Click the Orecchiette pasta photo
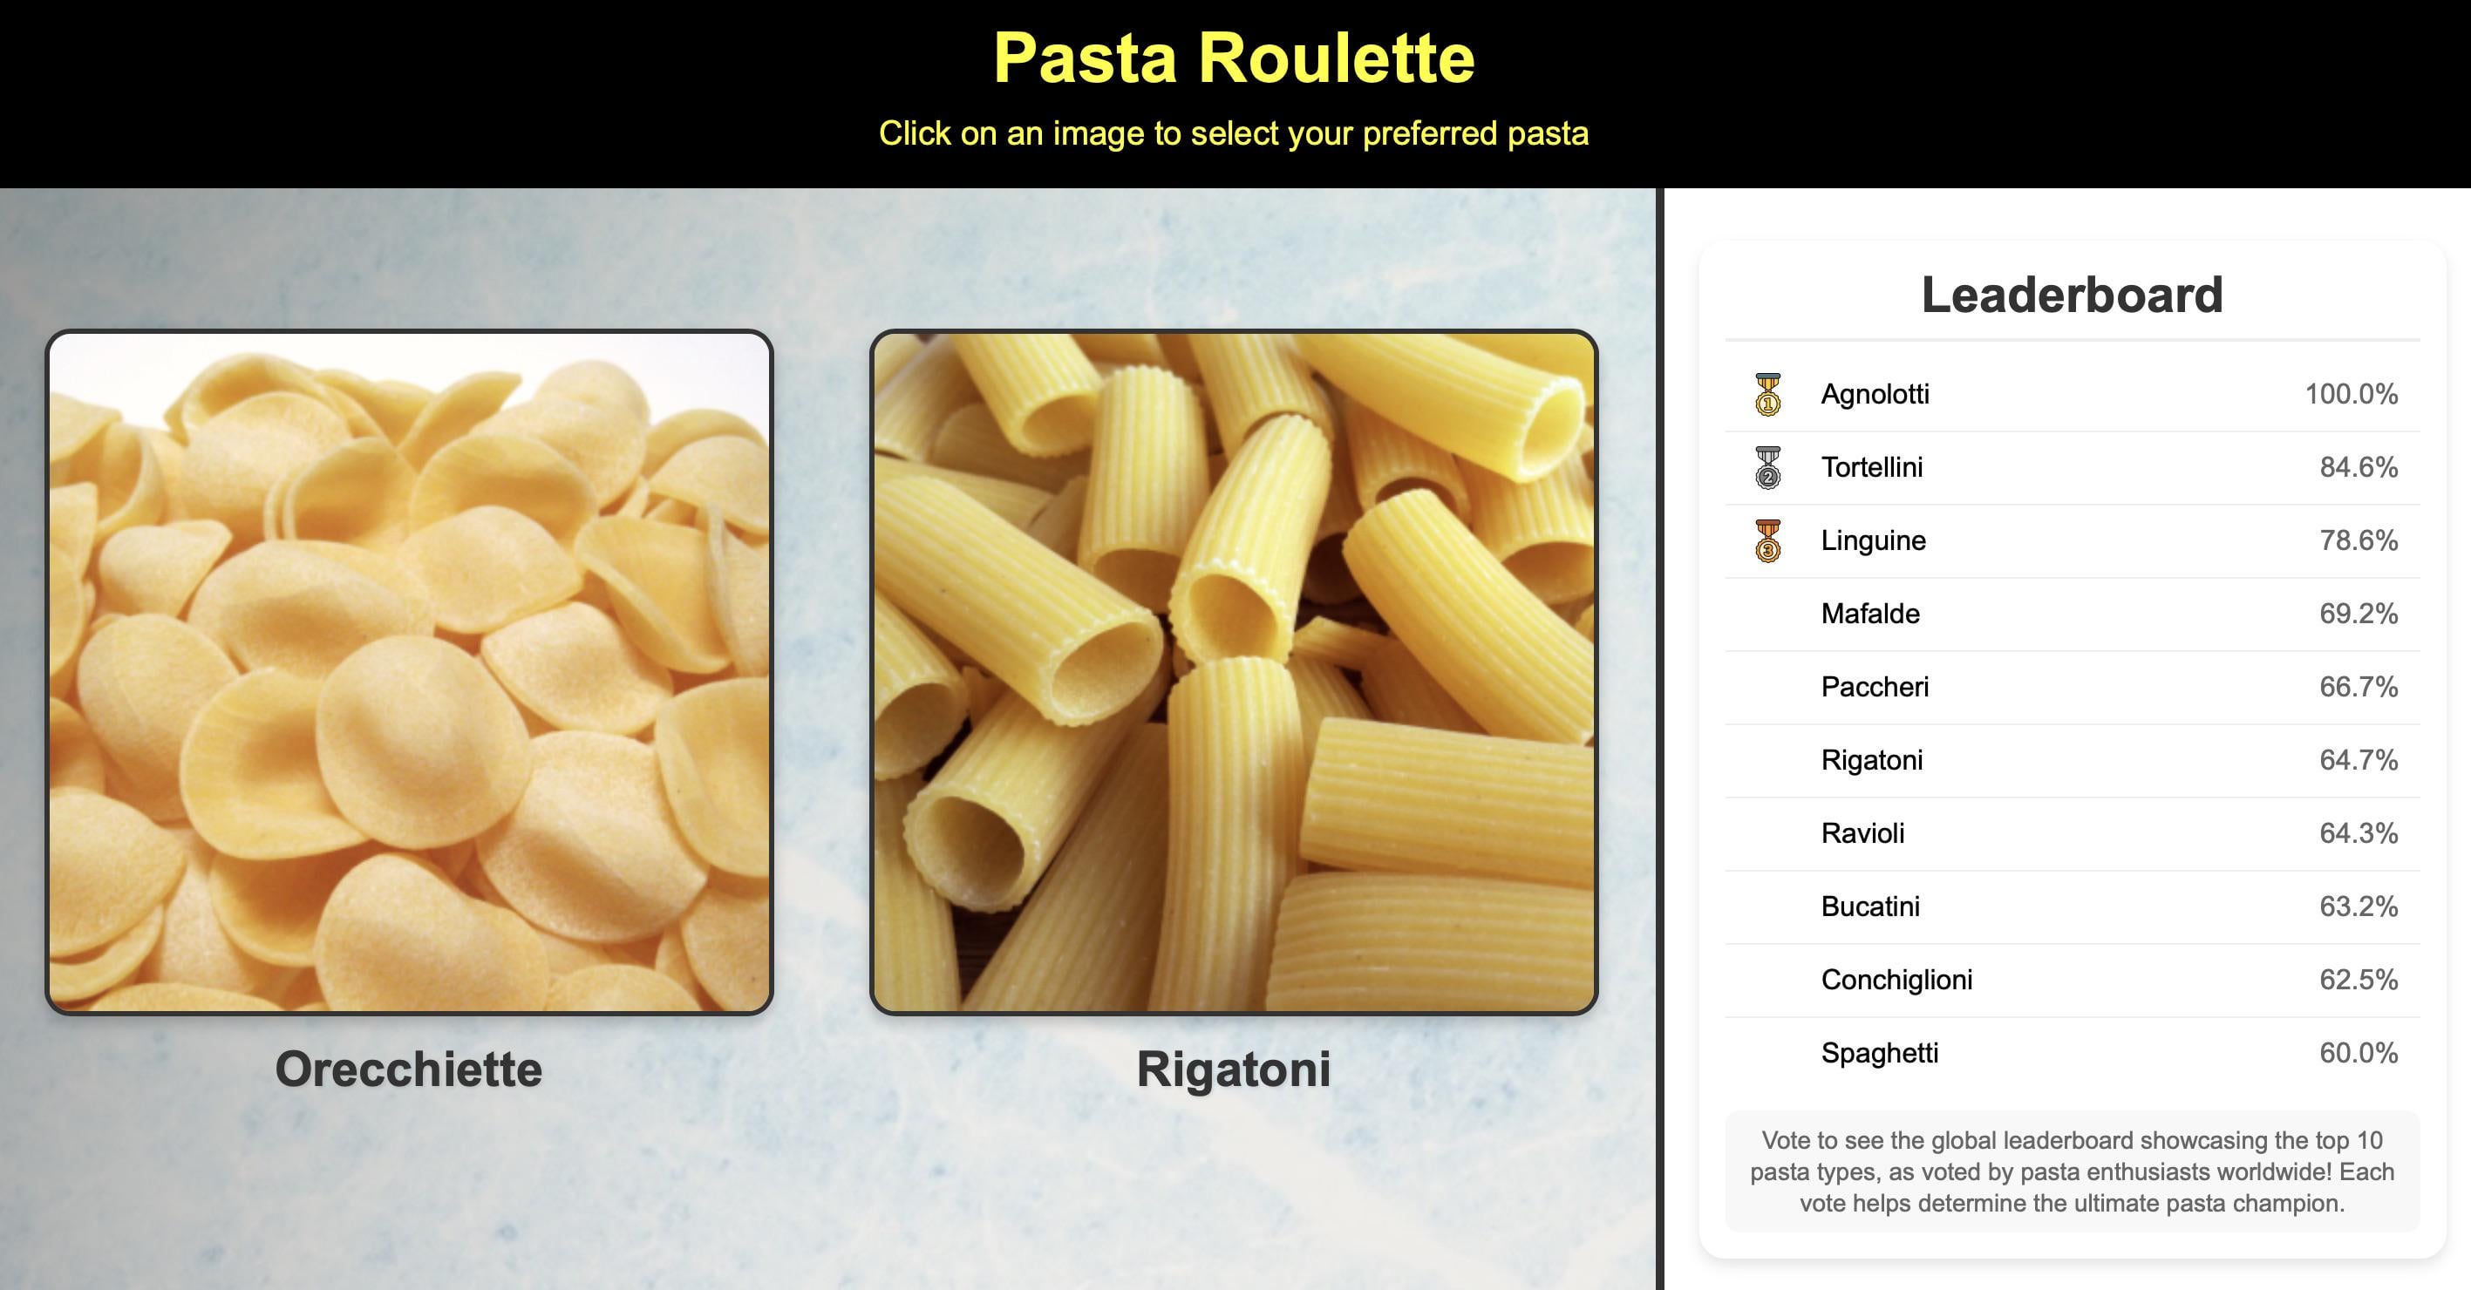[x=409, y=671]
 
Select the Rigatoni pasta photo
[x=1234, y=671]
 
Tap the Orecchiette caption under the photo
[x=409, y=1069]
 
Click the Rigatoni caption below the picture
[x=1234, y=1069]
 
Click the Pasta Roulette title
[x=1234, y=58]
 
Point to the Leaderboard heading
[x=2072, y=295]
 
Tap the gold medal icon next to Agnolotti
[x=1768, y=394]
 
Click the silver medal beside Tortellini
[x=1768, y=467]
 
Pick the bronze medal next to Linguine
[x=1768, y=541]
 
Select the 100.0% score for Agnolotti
[x=2351, y=394]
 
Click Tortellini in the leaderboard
[x=1871, y=467]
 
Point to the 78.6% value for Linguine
[x=2359, y=541]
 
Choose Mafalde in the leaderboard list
[x=1870, y=614]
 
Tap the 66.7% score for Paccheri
[x=2359, y=687]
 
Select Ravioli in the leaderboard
[x=1863, y=833]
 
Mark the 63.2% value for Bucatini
[x=2359, y=906]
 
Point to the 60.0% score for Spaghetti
[x=2359, y=1053]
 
